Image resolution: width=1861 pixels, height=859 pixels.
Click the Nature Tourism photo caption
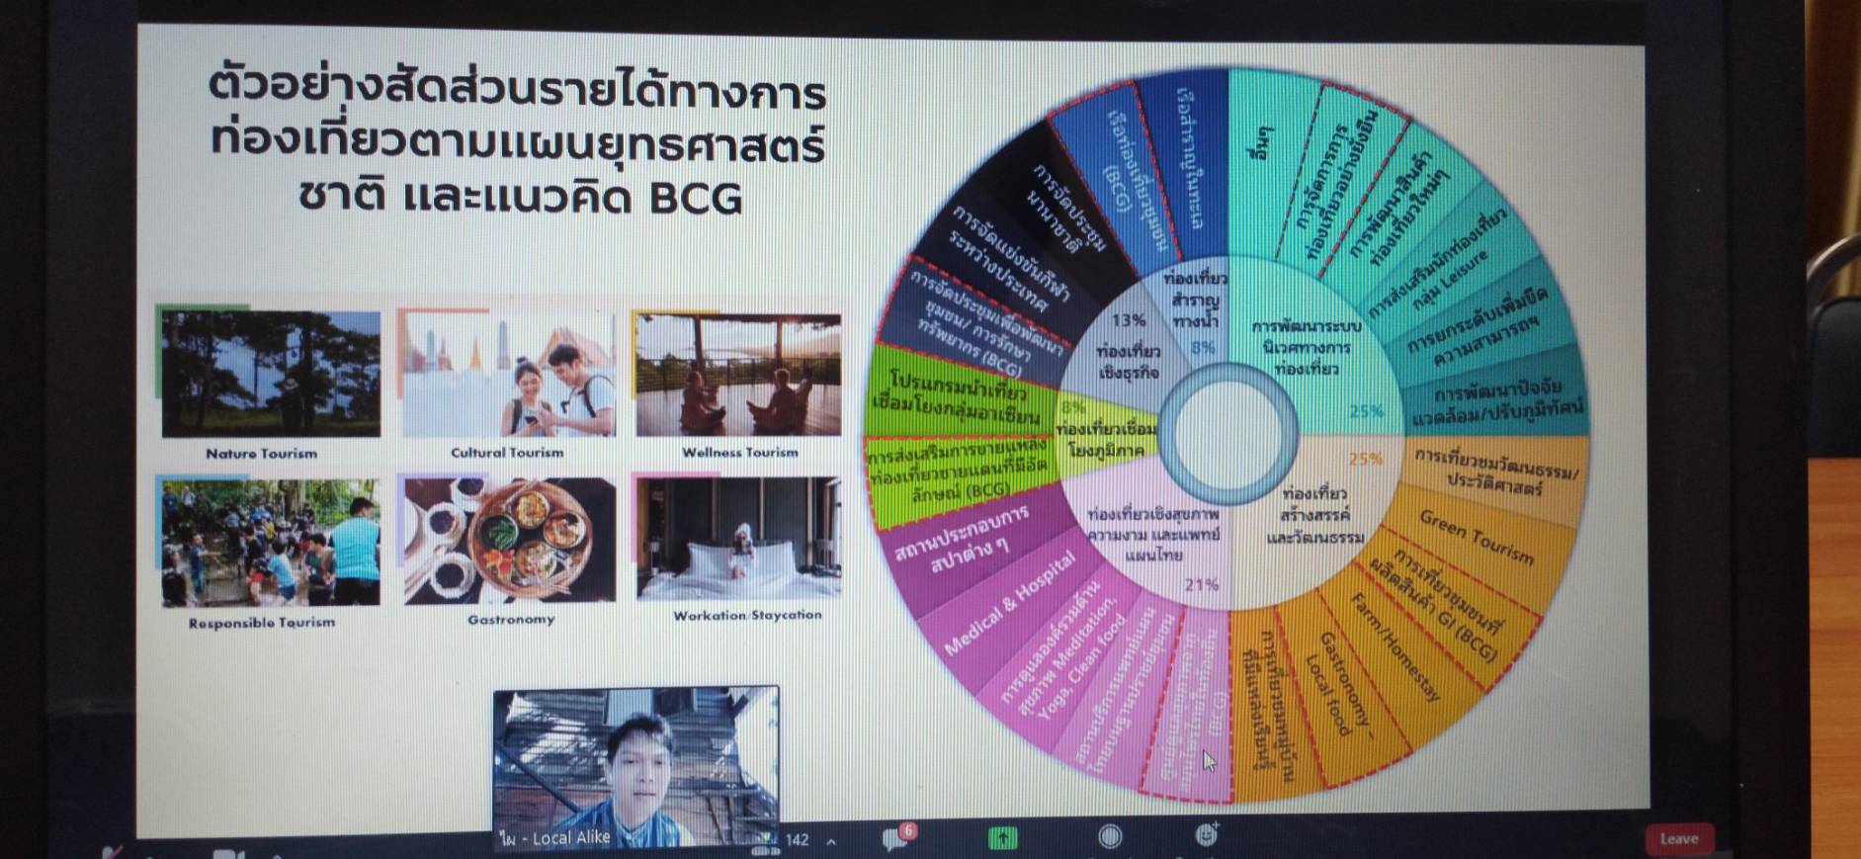coord(262,454)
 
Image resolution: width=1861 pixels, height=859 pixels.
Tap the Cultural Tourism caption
coord(507,453)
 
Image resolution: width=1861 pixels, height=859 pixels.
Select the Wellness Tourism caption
coord(739,453)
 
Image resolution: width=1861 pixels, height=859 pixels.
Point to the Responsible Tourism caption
coord(262,623)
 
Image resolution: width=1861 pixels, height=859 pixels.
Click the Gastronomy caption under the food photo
coord(511,620)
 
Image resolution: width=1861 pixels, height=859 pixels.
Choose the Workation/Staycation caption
coord(747,615)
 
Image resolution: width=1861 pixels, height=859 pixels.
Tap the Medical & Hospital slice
coord(1009,603)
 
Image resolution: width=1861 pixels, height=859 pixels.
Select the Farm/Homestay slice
coord(1395,646)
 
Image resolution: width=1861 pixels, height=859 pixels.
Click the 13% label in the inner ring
coord(1128,320)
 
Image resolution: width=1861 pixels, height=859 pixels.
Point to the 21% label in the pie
coord(1202,584)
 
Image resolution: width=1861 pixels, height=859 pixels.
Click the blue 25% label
coord(1366,411)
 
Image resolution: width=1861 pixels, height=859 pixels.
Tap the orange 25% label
coord(1366,459)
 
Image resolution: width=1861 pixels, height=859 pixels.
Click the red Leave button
coord(1678,839)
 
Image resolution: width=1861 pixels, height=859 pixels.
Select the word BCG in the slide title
coord(696,199)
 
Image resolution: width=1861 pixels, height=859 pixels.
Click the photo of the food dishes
coord(510,540)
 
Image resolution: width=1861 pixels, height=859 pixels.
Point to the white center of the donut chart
coord(1227,431)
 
